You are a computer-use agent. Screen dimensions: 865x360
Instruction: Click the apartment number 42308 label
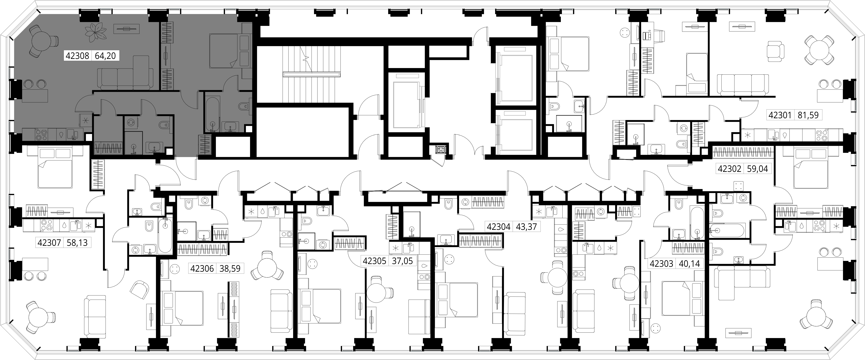point(77,56)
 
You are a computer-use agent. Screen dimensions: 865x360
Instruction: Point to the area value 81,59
point(808,115)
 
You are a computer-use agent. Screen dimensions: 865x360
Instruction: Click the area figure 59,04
point(758,169)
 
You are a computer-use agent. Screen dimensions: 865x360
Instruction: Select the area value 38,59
point(230,269)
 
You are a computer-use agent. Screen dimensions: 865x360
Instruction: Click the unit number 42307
point(49,242)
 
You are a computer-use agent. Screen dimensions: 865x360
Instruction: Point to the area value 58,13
point(77,242)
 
